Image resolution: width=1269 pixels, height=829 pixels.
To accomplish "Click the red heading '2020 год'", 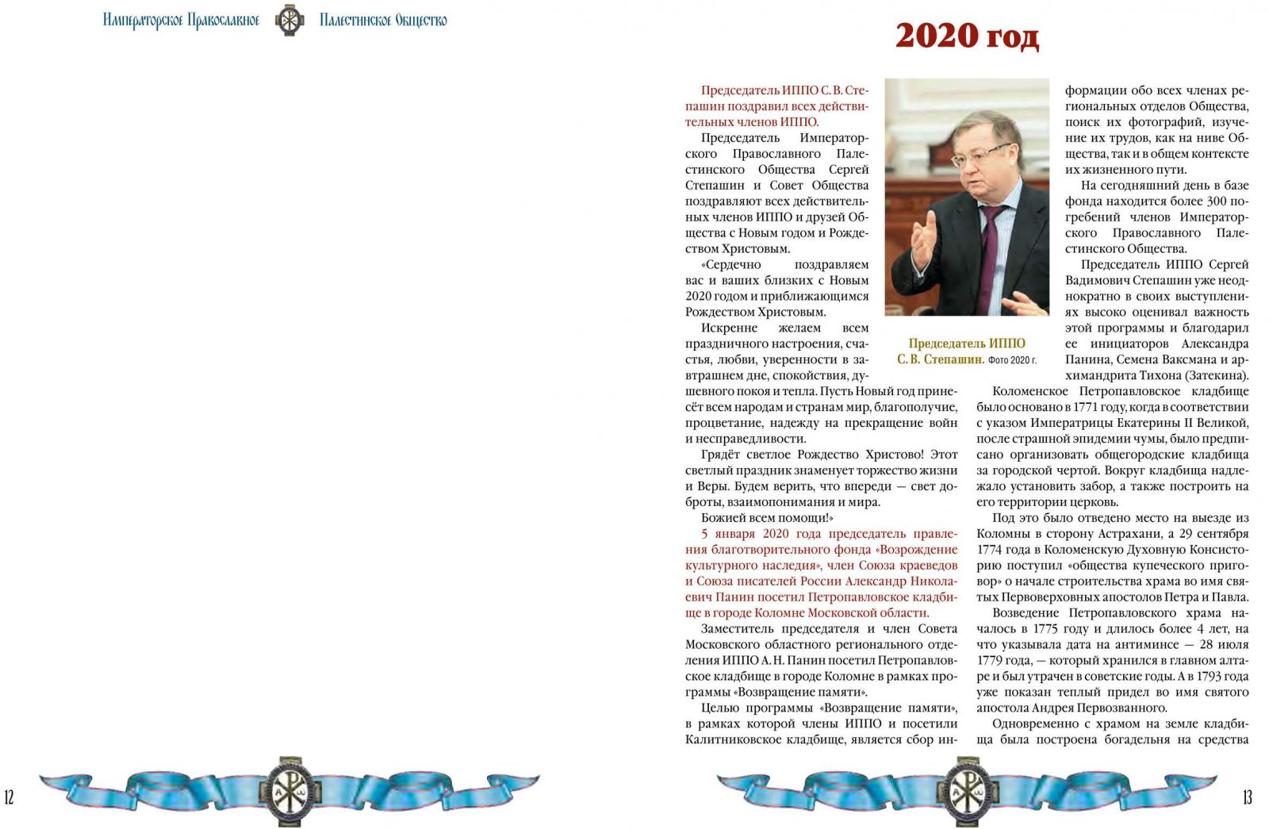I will (x=967, y=36).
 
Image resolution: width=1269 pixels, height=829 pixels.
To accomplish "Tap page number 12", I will (x=10, y=797).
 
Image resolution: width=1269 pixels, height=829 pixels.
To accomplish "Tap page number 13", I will (x=1247, y=797).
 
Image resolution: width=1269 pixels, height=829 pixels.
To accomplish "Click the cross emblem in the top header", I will (x=289, y=20).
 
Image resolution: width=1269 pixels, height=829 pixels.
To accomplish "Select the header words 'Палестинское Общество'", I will (x=383, y=20).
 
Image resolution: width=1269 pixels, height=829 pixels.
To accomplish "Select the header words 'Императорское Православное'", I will (x=181, y=20).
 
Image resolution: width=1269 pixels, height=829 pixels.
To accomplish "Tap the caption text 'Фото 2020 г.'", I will (x=1012, y=360).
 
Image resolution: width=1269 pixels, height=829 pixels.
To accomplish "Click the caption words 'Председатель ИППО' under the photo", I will (x=967, y=343).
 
